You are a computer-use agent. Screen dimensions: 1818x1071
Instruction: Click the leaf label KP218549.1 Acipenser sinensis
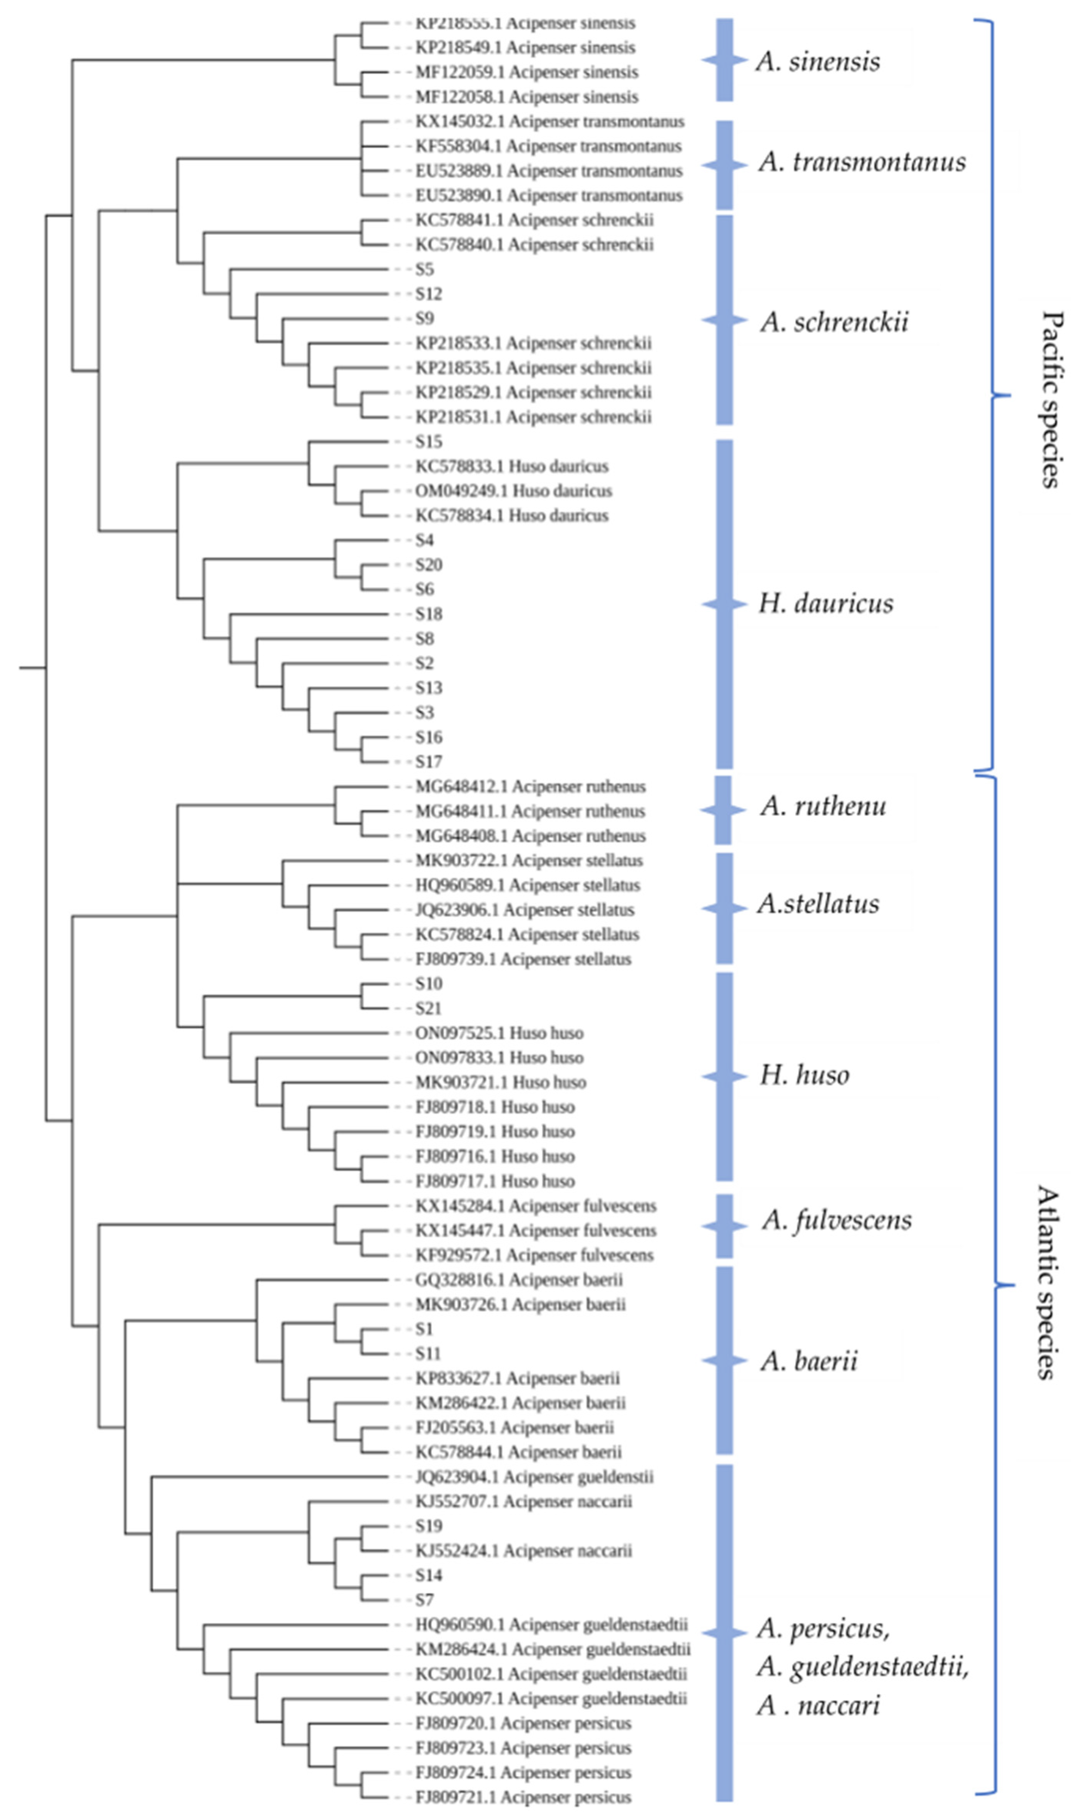(x=525, y=48)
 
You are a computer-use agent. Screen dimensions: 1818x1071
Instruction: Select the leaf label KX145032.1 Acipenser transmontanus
(x=549, y=121)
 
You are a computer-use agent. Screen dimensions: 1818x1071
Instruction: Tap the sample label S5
(x=424, y=269)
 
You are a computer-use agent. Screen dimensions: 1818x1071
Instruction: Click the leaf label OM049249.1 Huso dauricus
(x=513, y=491)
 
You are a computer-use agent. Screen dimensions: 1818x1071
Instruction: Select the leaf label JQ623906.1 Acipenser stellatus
(x=524, y=909)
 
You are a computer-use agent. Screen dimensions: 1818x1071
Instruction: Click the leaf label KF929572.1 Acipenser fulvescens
(x=534, y=1255)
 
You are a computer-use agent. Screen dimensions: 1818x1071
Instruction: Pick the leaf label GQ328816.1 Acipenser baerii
(x=518, y=1280)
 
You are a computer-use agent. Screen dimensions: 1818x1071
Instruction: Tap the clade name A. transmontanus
(x=862, y=162)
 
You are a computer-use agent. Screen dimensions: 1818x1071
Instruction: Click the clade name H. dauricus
(x=825, y=603)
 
